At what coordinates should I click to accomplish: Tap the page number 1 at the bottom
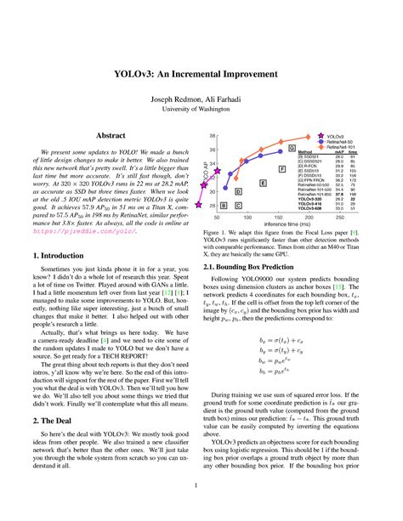pyautogui.click(x=201, y=486)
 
